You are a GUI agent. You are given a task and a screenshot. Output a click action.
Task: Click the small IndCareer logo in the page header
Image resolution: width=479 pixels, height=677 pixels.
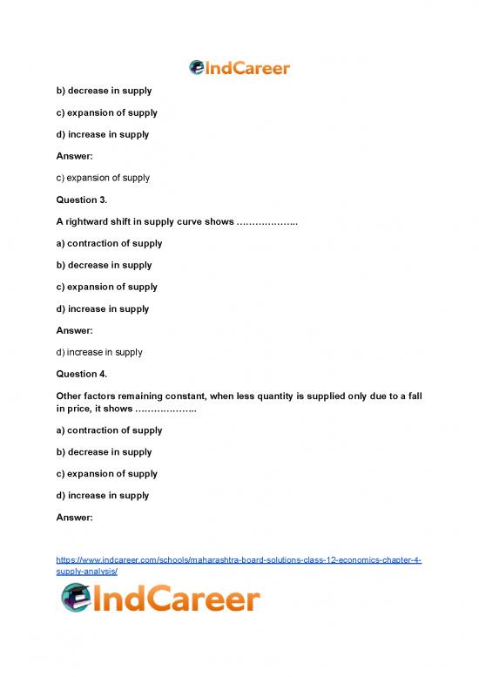[x=239, y=68]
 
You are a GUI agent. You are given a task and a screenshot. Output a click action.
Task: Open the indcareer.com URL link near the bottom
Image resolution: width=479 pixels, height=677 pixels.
[x=239, y=565]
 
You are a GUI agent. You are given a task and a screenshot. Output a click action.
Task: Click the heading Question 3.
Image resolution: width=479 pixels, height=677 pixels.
[x=80, y=200]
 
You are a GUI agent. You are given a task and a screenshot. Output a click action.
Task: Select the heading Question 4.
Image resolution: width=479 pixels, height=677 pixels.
[x=80, y=374]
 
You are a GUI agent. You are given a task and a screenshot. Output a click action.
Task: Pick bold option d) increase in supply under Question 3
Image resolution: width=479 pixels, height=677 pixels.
[x=101, y=308]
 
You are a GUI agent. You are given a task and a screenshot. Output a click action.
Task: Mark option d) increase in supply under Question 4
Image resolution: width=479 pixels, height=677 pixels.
[x=101, y=495]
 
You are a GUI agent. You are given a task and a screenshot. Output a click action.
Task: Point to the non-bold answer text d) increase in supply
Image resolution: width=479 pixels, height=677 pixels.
[x=98, y=352]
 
